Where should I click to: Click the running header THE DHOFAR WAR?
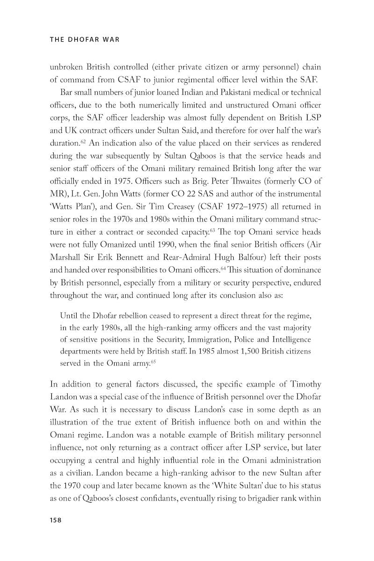(x=85, y=40)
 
